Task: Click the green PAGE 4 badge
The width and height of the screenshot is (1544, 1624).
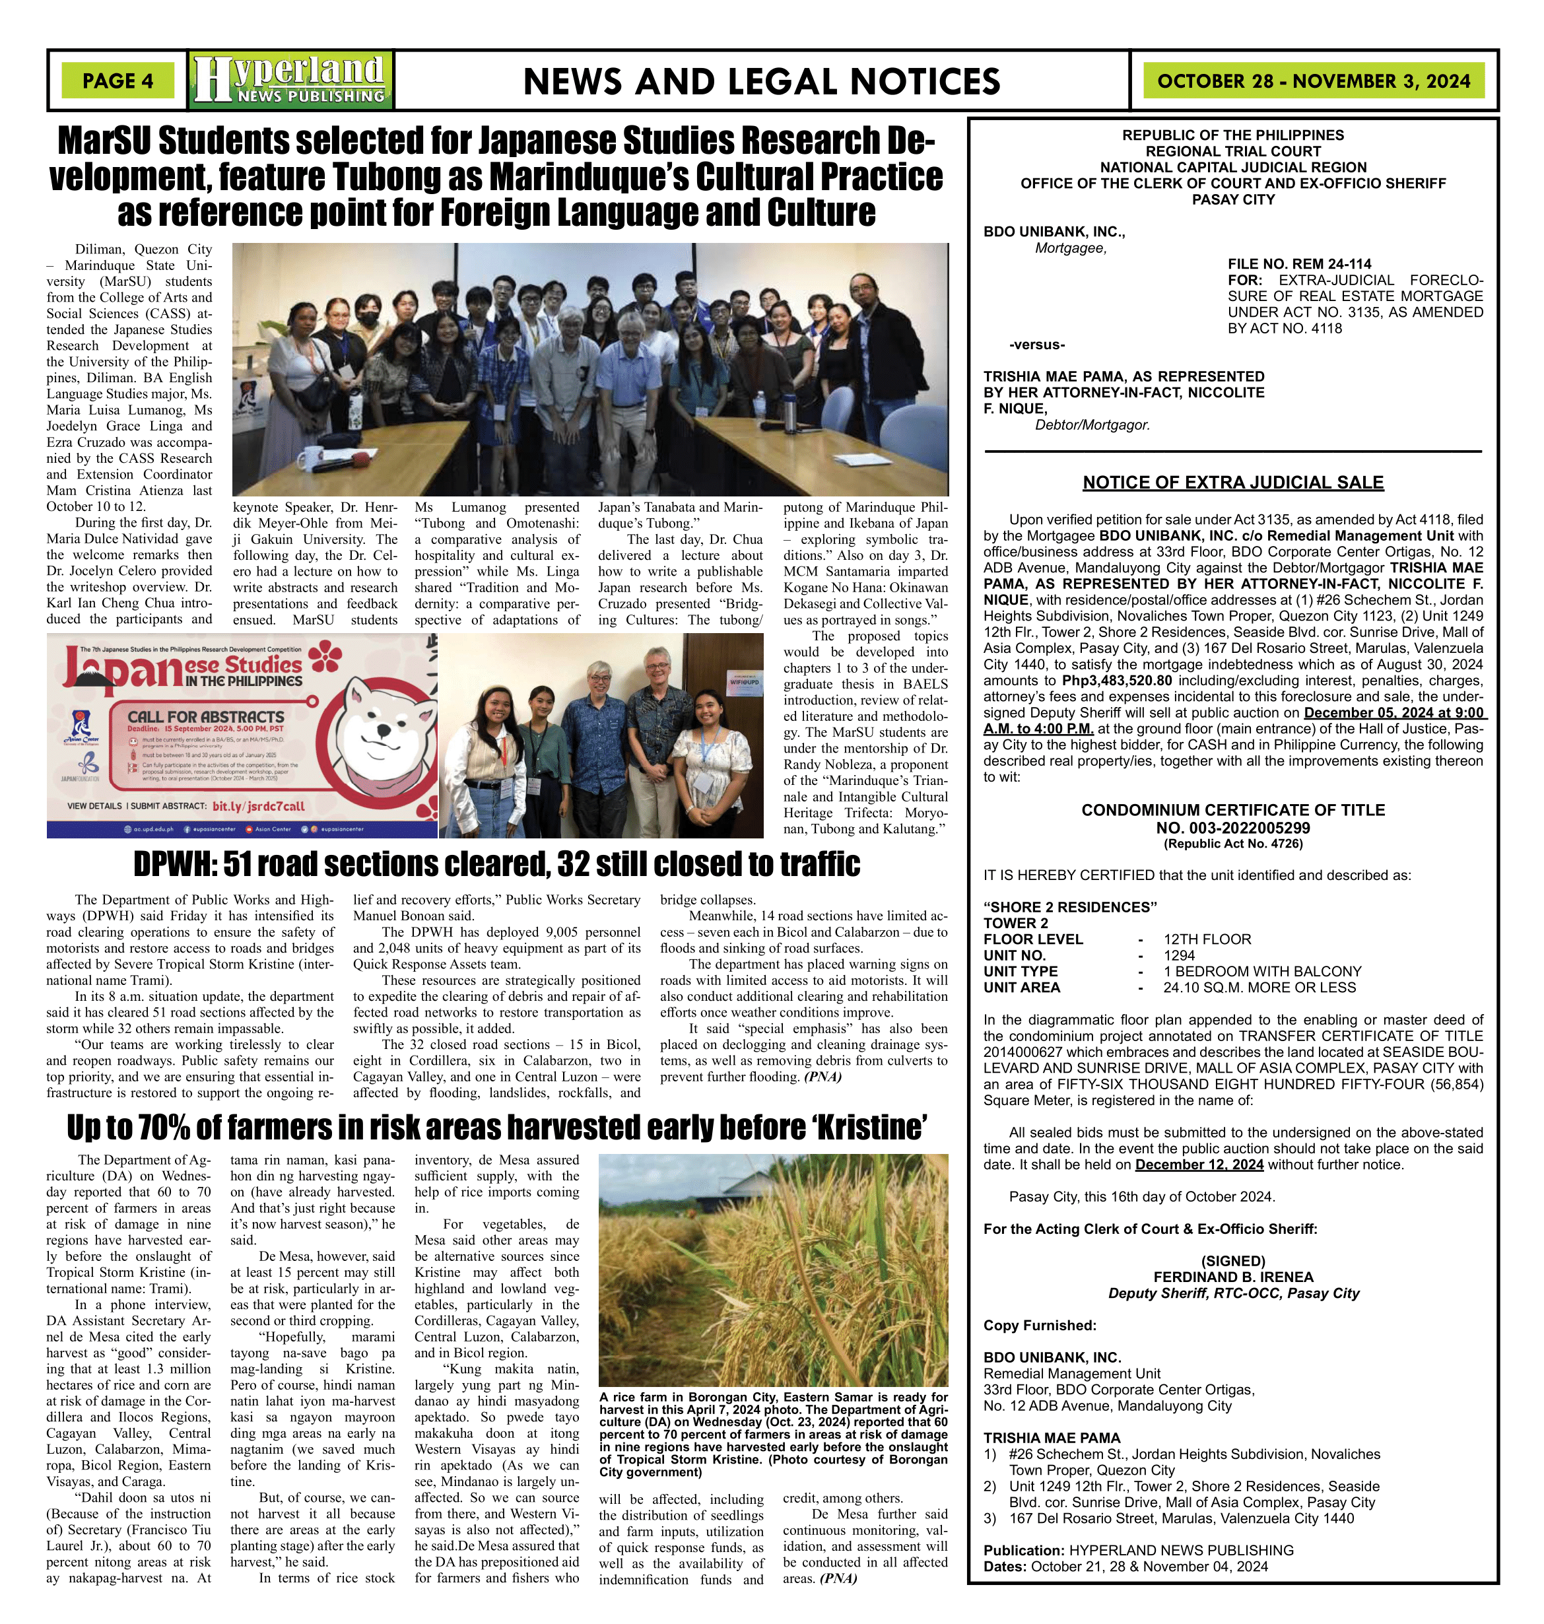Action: click(117, 81)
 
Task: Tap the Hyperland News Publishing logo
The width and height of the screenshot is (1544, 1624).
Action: click(290, 80)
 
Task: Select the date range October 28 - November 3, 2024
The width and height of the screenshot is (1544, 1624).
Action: click(1313, 81)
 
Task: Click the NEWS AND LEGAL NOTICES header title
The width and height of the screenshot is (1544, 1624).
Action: click(761, 81)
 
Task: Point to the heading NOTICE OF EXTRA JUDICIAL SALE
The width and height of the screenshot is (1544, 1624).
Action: click(1232, 483)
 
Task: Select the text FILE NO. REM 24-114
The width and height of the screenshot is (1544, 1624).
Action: click(1298, 264)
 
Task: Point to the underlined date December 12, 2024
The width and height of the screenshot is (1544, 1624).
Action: click(1198, 1165)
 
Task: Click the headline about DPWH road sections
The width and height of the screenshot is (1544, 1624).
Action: click(496, 864)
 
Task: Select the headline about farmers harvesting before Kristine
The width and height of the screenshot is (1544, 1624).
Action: click(497, 1127)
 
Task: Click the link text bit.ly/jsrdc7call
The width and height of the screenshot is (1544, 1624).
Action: click(257, 807)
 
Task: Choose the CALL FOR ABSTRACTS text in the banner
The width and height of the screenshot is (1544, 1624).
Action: click(206, 717)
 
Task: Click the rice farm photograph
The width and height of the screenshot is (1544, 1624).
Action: click(773, 1269)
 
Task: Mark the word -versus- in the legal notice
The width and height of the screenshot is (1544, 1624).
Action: click(1036, 345)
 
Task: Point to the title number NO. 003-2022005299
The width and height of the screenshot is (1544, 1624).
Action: click(1232, 828)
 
